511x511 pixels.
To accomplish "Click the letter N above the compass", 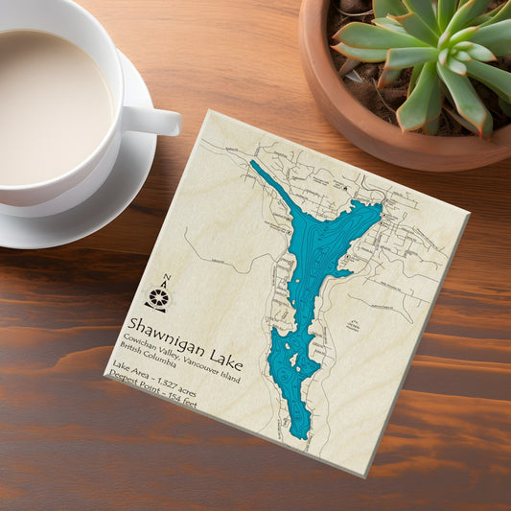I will pyautogui.click(x=167, y=279).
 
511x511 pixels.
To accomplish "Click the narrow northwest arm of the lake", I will pyautogui.click(x=273, y=187).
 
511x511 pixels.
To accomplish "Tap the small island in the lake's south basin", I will pyautogui.click(x=298, y=363).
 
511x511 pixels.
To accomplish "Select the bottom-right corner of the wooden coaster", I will pyautogui.click(x=365, y=474).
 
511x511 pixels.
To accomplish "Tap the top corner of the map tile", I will pyautogui.click(x=210, y=112).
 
